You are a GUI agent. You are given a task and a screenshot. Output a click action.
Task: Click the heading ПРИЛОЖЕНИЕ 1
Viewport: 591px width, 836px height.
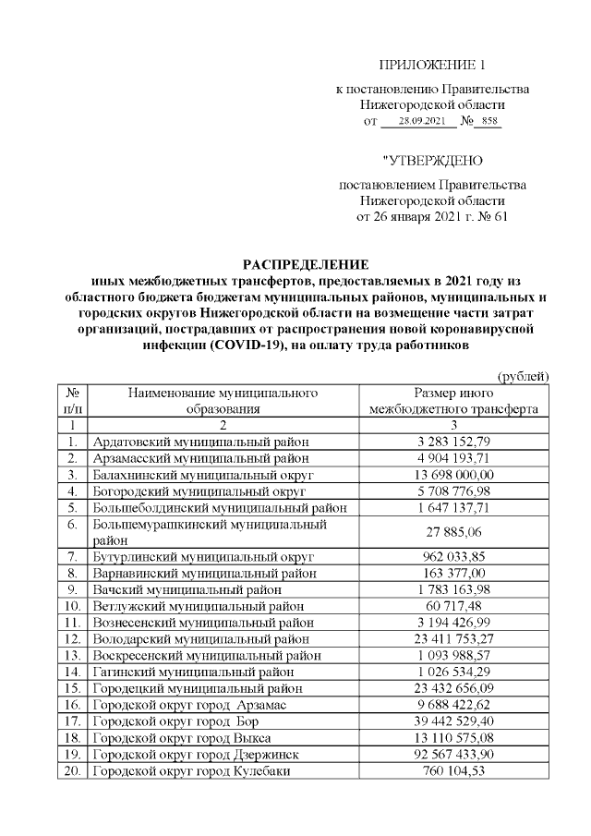tap(432, 65)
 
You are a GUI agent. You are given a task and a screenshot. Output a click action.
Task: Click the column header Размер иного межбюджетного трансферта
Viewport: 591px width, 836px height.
tap(452, 400)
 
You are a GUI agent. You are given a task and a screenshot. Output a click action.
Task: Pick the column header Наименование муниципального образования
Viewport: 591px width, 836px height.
tap(223, 400)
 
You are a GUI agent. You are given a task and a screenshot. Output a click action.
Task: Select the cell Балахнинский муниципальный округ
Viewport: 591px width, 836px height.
tap(204, 474)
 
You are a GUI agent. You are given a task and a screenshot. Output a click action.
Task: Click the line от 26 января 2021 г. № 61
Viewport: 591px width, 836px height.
tap(432, 218)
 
